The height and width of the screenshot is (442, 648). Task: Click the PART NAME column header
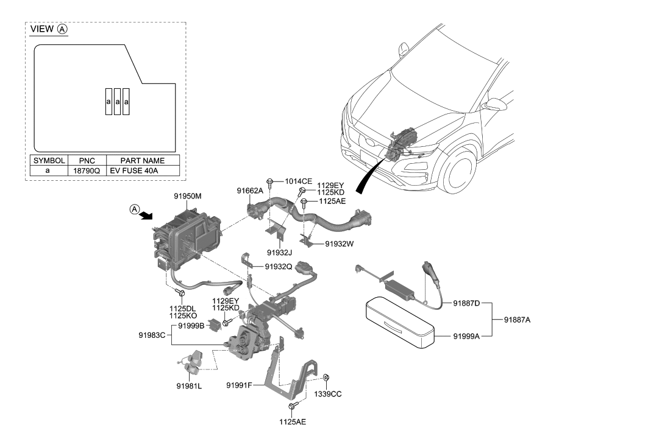coord(143,160)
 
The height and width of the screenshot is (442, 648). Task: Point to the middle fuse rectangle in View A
coord(117,102)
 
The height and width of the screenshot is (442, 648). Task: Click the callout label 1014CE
coord(298,181)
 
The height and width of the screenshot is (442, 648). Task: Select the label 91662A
coord(250,191)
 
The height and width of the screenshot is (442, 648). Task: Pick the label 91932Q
coord(278,267)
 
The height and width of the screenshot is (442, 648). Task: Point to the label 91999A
coord(466,335)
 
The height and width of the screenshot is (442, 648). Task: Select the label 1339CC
coord(328,394)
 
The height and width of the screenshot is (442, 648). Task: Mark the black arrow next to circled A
coord(146,216)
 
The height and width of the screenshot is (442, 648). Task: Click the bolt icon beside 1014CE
coord(270,181)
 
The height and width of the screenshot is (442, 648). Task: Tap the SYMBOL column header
coord(49,160)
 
